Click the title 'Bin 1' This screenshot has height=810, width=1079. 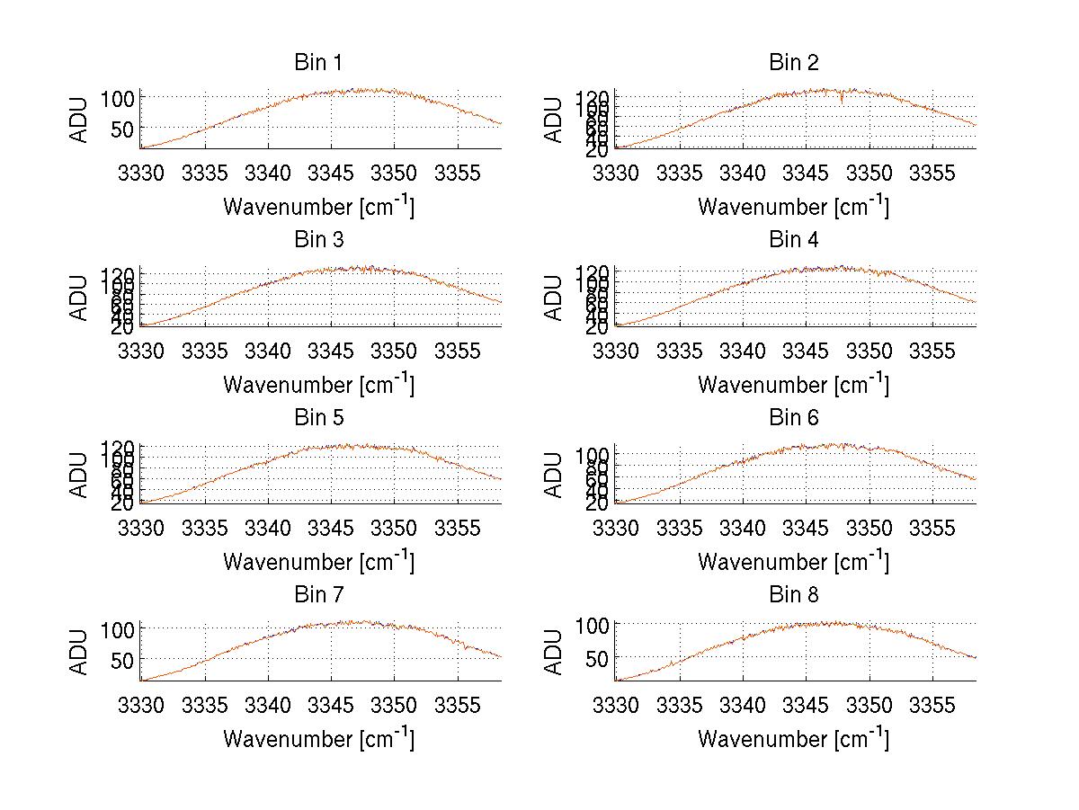pos(317,63)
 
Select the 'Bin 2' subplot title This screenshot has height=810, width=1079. pos(793,63)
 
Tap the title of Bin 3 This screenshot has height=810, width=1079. pos(317,240)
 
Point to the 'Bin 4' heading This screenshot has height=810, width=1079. pos(793,240)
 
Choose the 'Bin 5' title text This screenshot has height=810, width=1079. pos(317,418)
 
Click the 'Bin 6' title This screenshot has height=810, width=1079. pos(793,418)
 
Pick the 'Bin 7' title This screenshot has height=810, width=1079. pos(317,595)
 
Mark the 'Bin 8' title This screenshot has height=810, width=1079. pos(793,595)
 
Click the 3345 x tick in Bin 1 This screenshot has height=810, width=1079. pos(331,172)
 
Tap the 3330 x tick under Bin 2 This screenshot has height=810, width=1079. pos(616,172)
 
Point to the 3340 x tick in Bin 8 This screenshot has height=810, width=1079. pos(743,704)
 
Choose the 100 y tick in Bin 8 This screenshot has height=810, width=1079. pos(586,625)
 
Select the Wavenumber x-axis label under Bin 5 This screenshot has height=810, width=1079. pos(318,562)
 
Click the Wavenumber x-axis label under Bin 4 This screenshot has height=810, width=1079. pos(793,384)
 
